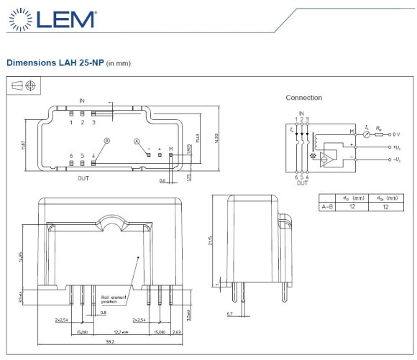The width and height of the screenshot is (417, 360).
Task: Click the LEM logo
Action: [54, 19]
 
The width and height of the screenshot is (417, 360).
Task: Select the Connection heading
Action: [303, 98]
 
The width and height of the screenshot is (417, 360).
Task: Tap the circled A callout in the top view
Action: [136, 142]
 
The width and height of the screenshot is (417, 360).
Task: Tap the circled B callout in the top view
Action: [106, 141]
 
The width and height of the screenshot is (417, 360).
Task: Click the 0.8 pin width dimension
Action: [103, 313]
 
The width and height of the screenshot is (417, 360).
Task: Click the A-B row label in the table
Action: [326, 206]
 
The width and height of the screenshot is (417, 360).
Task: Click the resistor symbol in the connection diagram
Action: [381, 133]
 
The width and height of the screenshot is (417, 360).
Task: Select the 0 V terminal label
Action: [400, 133]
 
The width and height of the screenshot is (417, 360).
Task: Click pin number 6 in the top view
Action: [71, 155]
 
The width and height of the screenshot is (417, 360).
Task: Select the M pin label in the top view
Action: [170, 148]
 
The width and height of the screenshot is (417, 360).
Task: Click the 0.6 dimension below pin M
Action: [162, 180]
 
